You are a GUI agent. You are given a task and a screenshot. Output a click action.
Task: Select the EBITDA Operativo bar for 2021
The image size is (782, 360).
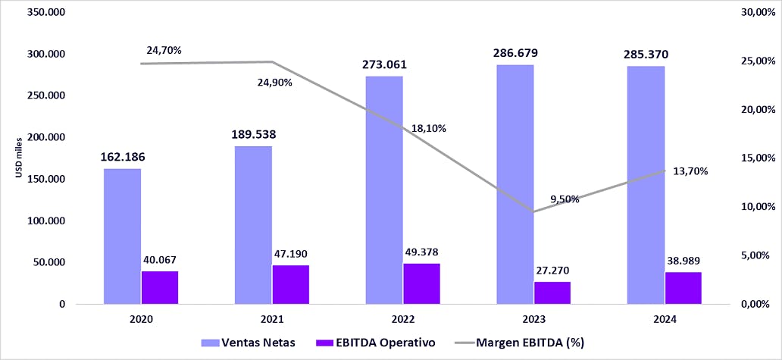click(291, 284)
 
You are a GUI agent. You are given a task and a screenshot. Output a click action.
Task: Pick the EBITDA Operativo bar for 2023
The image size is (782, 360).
click(552, 293)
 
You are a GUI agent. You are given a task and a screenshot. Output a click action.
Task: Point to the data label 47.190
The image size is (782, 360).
click(291, 254)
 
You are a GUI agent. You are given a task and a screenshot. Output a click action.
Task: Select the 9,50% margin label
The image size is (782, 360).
click(565, 199)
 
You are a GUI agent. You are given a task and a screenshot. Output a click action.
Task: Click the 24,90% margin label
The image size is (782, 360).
click(275, 82)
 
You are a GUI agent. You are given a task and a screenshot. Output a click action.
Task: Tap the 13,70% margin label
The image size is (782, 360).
click(690, 171)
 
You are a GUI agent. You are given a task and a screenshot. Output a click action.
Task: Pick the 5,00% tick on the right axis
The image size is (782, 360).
click(758, 255)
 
